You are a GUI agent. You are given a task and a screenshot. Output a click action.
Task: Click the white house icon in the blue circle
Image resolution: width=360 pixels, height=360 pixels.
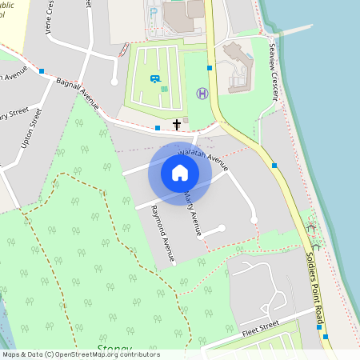point(180,173)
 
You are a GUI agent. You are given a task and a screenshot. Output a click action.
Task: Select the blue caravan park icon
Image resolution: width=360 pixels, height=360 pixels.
point(154,78)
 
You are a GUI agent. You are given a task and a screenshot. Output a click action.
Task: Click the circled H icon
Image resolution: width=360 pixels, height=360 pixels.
point(202,94)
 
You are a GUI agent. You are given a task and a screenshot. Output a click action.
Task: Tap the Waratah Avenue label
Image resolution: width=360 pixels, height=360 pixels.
point(203,158)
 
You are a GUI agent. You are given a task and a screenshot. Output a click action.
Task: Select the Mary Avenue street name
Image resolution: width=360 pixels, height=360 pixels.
point(193,212)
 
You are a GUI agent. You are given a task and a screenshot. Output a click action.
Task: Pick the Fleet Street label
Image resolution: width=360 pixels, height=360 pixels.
point(259,328)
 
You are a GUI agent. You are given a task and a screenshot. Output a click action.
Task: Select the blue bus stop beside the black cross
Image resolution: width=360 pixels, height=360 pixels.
point(158,127)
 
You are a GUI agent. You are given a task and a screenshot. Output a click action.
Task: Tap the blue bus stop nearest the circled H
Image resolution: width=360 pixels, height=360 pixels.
point(210,68)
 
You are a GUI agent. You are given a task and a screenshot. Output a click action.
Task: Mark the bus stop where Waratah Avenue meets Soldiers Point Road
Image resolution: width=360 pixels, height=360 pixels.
point(274,165)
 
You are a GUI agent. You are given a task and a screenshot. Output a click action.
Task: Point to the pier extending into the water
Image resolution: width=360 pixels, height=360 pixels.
point(293,30)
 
